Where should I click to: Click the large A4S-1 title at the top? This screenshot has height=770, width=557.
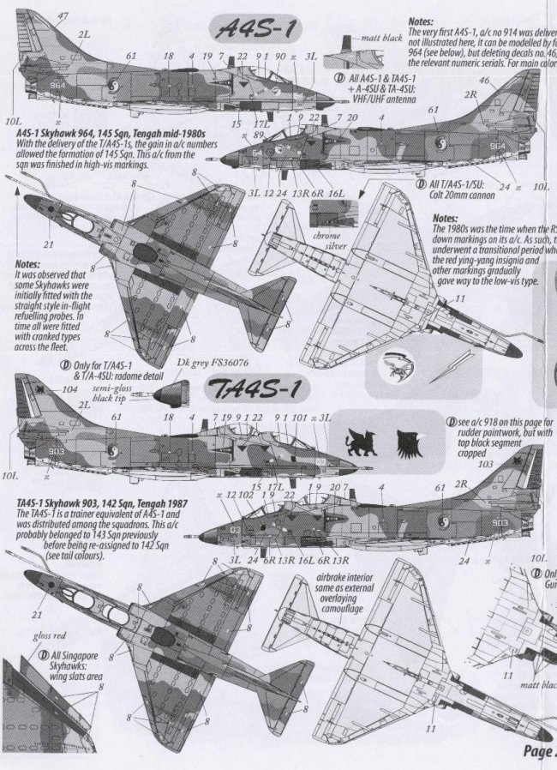tap(256, 30)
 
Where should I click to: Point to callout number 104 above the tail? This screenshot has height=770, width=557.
tap(70, 388)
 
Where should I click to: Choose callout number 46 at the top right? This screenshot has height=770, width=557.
tap(485, 80)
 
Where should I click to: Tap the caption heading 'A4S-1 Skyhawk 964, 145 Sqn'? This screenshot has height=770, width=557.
tap(87, 135)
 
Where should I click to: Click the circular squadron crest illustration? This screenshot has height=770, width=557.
tap(402, 369)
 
